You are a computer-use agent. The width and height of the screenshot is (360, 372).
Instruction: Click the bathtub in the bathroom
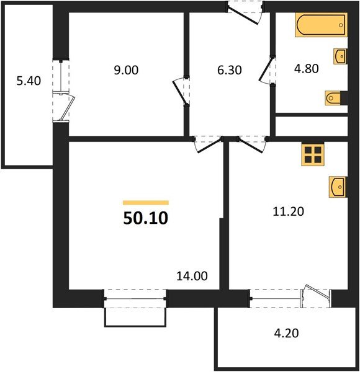pos(321,27)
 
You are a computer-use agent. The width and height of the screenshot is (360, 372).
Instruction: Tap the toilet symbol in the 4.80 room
pos(333,97)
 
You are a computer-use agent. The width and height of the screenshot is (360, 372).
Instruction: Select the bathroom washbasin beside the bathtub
pos(339,56)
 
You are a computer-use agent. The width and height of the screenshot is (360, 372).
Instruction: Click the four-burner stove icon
pos(313,154)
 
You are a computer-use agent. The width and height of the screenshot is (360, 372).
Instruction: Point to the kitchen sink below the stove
pos(336,186)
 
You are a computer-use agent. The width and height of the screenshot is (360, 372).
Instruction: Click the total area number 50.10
pos(146,219)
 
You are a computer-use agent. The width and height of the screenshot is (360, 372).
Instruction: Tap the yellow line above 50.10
pos(146,202)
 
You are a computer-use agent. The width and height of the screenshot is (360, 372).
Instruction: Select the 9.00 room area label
pos(127,70)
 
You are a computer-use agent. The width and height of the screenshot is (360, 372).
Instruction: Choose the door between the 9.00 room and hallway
pos(180,90)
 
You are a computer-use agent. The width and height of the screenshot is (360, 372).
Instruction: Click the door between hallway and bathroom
pos(267,70)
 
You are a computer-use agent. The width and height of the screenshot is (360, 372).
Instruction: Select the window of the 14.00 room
pos(135,299)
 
